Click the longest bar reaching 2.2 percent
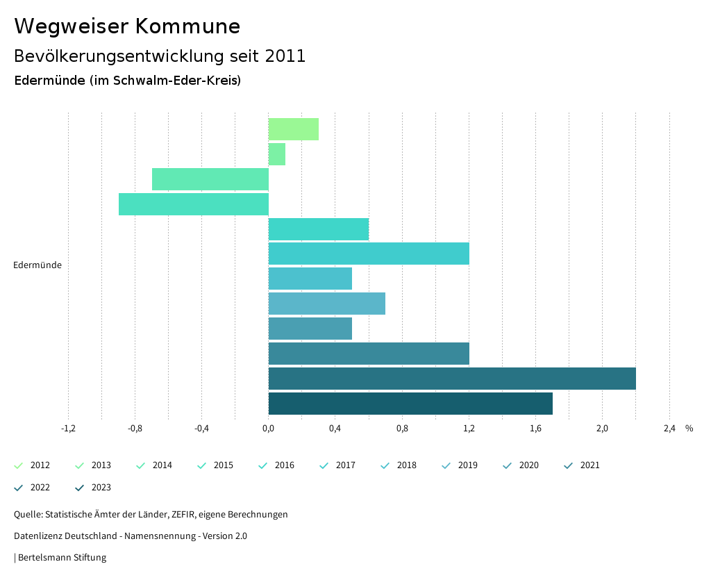point(452,379)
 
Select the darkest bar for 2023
point(410,404)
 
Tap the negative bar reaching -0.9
point(194,204)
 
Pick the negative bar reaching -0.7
point(210,179)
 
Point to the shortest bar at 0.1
point(277,154)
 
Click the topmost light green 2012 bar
point(294,129)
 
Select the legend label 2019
point(467,465)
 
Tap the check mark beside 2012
point(19,465)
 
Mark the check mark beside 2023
point(80,488)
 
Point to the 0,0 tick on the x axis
point(268,429)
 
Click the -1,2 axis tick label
point(68,429)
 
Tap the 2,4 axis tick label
point(669,429)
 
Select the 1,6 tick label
point(535,429)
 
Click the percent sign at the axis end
point(689,429)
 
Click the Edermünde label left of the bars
point(37,265)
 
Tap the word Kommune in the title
point(187,26)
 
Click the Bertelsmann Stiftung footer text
point(62,558)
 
